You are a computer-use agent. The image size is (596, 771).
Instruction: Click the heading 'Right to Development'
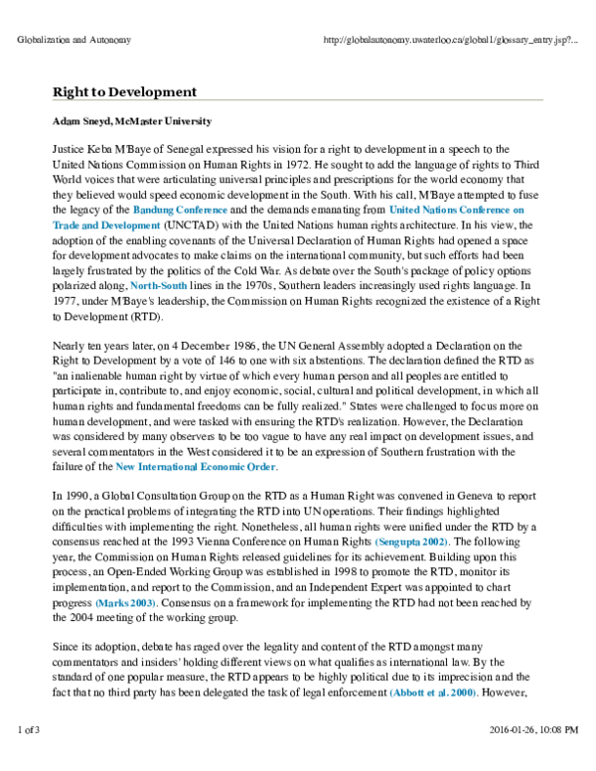[124, 92]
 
